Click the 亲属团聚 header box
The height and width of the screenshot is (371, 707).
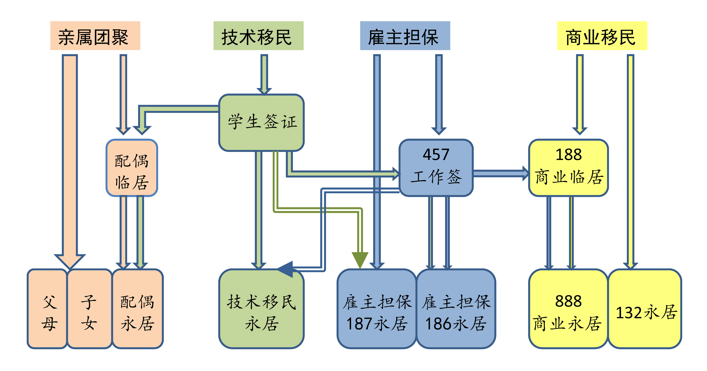[x=95, y=36]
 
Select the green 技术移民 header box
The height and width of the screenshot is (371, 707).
[x=258, y=36]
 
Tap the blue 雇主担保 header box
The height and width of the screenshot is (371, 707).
[x=405, y=36]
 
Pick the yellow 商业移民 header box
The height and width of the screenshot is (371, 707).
[x=602, y=36]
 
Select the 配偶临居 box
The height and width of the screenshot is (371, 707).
[x=132, y=168]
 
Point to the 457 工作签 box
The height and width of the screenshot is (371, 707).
[x=436, y=168]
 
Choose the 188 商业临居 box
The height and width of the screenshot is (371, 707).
[x=568, y=168]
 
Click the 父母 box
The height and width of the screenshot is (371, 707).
[x=47, y=309]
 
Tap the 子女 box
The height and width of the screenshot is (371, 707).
[x=89, y=309]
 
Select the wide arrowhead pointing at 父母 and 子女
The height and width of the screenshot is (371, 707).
[x=70, y=261]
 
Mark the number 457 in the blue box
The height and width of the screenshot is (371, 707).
[x=436, y=154]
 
